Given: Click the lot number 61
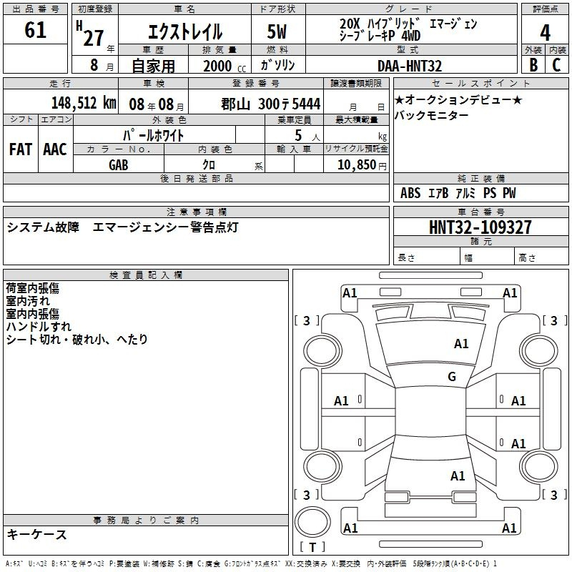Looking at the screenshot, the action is tap(35, 31).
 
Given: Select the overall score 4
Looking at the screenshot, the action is tap(545, 32).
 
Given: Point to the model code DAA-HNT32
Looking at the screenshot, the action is tap(410, 66).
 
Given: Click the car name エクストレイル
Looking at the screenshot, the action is tap(184, 32).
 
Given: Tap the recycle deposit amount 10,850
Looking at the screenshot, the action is tap(356, 164).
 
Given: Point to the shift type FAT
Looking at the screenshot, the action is tap(21, 149).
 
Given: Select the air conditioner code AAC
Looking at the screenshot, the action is tap(55, 149).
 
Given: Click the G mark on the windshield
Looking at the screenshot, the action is tap(451, 376).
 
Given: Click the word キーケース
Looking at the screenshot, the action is tap(36, 535).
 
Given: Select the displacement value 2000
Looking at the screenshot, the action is tap(219, 66).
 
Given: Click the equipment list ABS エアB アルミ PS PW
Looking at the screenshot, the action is tap(458, 193).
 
